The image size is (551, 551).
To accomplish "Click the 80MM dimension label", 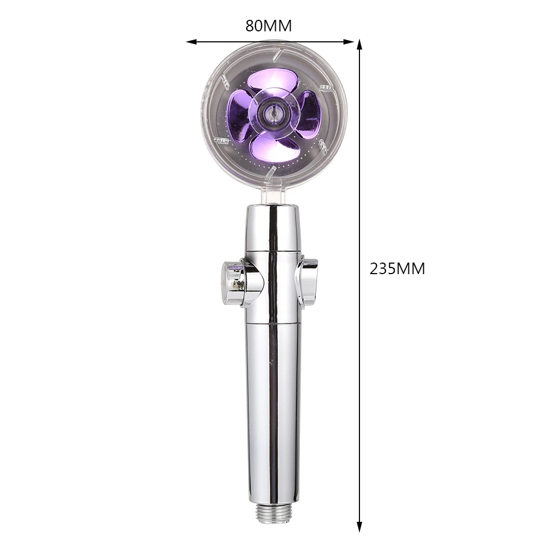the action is click(269, 26).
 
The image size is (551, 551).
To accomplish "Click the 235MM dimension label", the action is click(397, 269).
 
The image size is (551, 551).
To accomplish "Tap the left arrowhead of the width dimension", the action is click(192, 42).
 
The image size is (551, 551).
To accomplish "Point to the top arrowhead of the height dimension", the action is click(359, 45).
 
